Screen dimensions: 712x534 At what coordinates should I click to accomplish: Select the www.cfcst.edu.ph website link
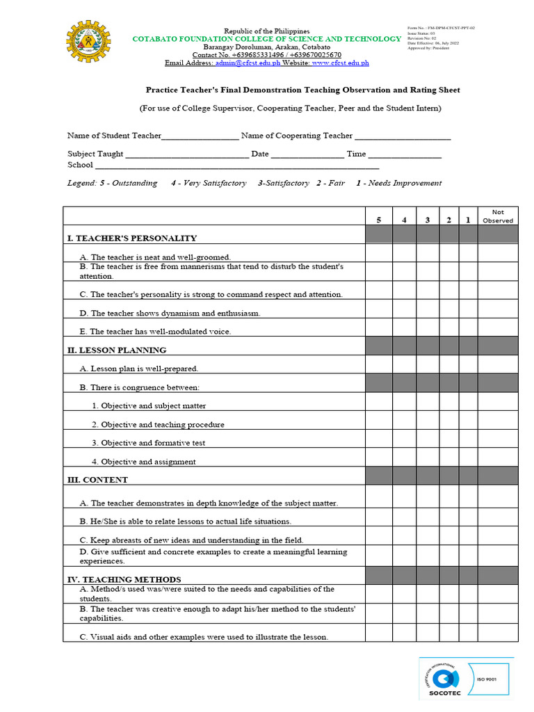[x=340, y=63]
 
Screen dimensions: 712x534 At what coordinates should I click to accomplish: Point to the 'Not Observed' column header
[x=498, y=216]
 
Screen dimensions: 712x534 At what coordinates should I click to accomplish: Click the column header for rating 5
[x=379, y=220]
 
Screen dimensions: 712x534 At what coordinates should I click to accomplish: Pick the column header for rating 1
[x=468, y=220]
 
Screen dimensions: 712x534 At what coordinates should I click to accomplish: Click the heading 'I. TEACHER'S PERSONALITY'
[x=132, y=238]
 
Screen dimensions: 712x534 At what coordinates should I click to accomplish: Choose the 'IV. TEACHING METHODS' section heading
[x=124, y=579]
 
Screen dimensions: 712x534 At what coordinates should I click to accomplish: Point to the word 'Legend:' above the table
[x=82, y=183]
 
